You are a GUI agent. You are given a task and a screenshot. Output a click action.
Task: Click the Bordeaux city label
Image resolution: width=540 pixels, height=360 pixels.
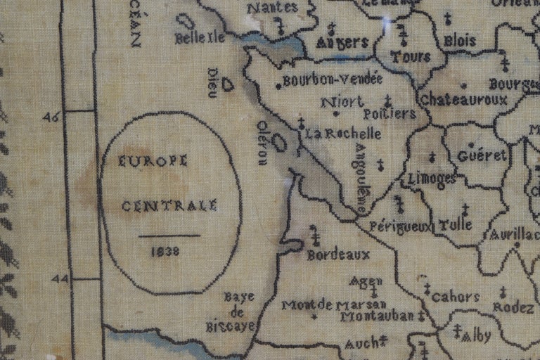point(338,255)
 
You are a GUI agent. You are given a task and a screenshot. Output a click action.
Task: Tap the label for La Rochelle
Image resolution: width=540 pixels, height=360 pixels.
point(342,133)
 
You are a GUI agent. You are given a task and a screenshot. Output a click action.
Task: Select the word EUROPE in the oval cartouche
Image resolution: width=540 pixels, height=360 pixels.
point(153,161)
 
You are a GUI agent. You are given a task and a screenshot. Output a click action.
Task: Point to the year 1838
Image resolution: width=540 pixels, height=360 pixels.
point(165,250)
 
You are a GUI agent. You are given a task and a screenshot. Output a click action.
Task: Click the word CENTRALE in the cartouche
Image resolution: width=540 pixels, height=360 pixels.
point(169,206)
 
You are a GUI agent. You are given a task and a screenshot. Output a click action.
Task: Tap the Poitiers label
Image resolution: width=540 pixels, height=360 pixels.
point(391,114)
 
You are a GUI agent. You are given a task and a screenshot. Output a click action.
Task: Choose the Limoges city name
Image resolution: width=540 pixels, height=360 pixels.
point(431,178)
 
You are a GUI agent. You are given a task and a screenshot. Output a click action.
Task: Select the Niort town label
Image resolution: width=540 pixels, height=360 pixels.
point(342,103)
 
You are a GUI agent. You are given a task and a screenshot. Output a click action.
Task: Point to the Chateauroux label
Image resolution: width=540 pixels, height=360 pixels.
point(463,100)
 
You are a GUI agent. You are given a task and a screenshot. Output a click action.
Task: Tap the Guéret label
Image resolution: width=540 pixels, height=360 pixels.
point(482,155)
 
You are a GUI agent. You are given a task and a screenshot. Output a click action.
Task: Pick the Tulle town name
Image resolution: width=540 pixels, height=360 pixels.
point(455,226)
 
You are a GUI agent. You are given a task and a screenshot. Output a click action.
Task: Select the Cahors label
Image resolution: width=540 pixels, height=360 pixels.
point(455,297)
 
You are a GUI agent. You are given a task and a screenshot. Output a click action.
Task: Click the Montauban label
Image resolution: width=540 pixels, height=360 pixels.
point(380,316)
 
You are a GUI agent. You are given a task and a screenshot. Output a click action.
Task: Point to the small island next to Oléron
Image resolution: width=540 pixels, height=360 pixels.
point(280,143)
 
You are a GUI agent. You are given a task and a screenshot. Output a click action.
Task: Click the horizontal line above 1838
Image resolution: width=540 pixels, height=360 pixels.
point(169,236)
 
